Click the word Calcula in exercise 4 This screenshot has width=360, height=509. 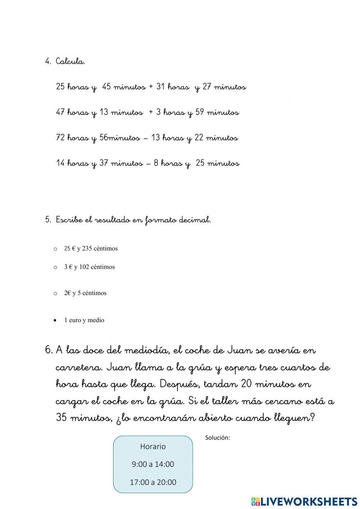[x=70, y=62]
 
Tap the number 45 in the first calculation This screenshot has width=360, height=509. [x=107, y=87]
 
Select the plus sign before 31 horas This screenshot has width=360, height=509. [x=150, y=87]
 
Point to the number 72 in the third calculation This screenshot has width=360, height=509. [x=60, y=138]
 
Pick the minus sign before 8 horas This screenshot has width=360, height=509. [x=148, y=164]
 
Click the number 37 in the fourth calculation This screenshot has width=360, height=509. [x=104, y=163]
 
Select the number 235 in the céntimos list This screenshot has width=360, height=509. [x=87, y=249]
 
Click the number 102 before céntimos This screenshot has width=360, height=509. [x=84, y=267]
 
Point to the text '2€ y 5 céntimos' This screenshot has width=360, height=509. [x=85, y=293]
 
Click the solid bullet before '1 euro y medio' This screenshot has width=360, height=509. [x=55, y=320]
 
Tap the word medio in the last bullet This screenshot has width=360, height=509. [x=96, y=320]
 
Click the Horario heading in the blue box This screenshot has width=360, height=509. [x=153, y=447]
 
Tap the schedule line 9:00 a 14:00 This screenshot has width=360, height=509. [x=153, y=464]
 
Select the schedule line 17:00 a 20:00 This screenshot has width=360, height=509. [x=153, y=482]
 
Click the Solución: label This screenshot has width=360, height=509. [x=217, y=438]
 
